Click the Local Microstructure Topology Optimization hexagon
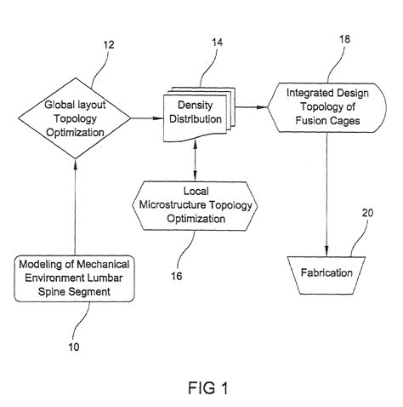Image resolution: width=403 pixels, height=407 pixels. pos(196,205)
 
